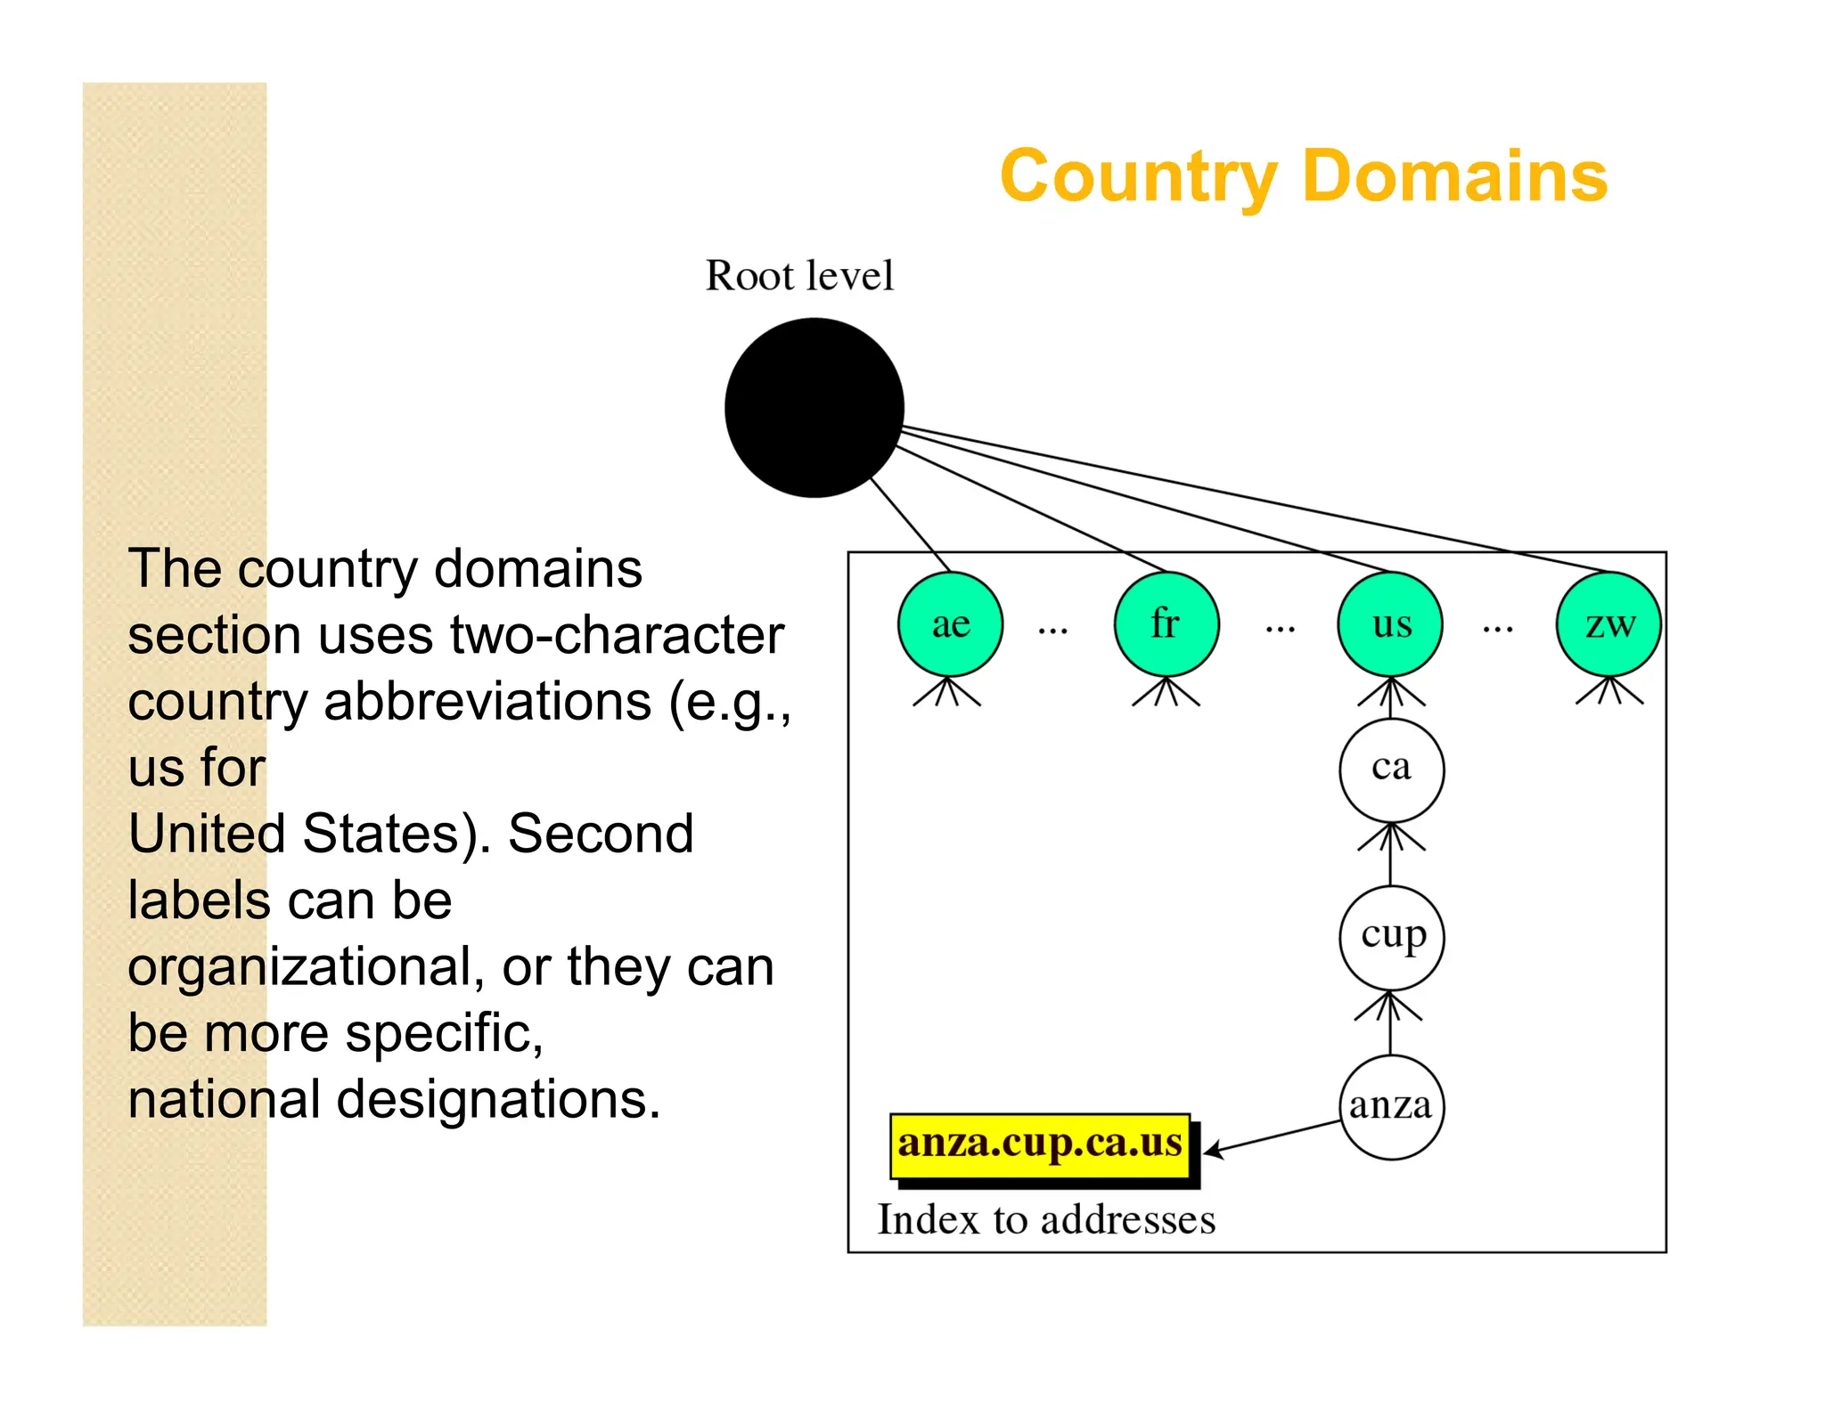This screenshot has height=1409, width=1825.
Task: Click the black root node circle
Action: pyautogui.click(x=814, y=407)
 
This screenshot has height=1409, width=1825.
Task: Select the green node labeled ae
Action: pyautogui.click(x=950, y=624)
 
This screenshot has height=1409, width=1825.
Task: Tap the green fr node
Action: pyautogui.click(x=1166, y=624)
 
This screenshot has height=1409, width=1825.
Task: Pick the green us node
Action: pyautogui.click(x=1389, y=624)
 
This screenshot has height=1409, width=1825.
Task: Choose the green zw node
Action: pyautogui.click(x=1608, y=624)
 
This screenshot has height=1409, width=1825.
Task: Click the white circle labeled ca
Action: pyautogui.click(x=1391, y=770)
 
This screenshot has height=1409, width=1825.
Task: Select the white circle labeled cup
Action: pyautogui.click(x=1391, y=937)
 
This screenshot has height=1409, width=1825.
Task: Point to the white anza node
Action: pyautogui.click(x=1391, y=1107)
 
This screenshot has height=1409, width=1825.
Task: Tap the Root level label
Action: pyautogui.click(x=799, y=275)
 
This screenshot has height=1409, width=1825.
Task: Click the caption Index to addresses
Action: pyautogui.click(x=1046, y=1219)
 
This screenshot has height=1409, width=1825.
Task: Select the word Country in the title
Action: pyautogui.click(x=1139, y=176)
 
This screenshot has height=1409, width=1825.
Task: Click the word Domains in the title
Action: pyautogui.click(x=1454, y=176)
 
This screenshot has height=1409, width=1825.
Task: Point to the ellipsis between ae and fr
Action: pyautogui.click(x=1052, y=631)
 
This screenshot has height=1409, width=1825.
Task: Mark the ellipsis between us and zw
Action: pyautogui.click(x=1498, y=631)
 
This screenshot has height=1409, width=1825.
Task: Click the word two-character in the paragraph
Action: pyautogui.click(x=617, y=635)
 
